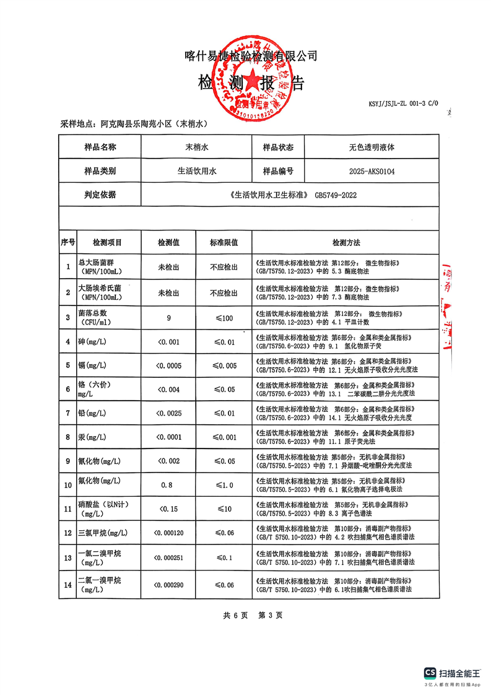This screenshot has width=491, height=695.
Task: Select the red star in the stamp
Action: point(252,84)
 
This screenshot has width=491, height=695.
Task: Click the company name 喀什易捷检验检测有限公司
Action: point(251,56)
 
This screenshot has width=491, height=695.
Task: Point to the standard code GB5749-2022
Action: point(336,195)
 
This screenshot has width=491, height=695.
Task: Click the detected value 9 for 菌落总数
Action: point(168,318)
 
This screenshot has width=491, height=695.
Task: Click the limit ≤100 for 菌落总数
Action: point(224,318)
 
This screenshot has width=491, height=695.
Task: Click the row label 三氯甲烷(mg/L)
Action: point(103,533)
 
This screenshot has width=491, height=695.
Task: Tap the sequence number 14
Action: point(67,585)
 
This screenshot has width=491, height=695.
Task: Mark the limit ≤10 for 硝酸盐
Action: point(224,509)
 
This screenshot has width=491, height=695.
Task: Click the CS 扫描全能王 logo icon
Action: point(430,673)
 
